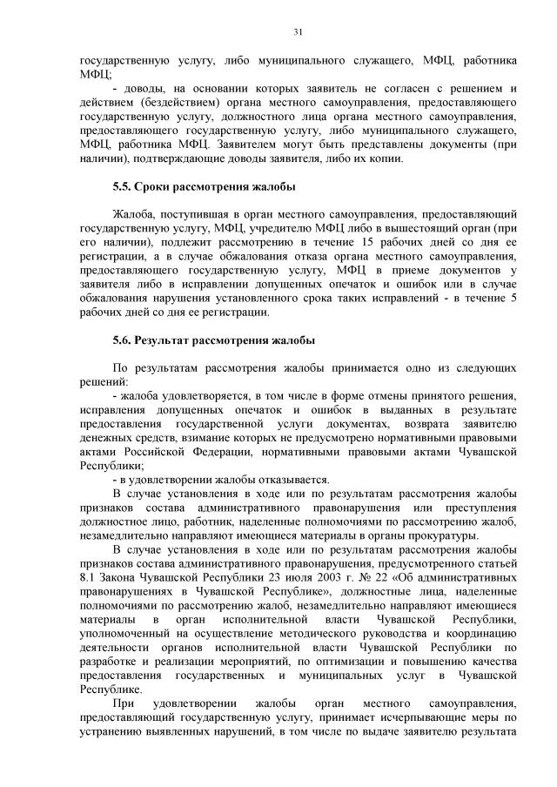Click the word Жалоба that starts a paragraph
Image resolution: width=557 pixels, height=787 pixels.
pyautogui.click(x=132, y=212)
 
